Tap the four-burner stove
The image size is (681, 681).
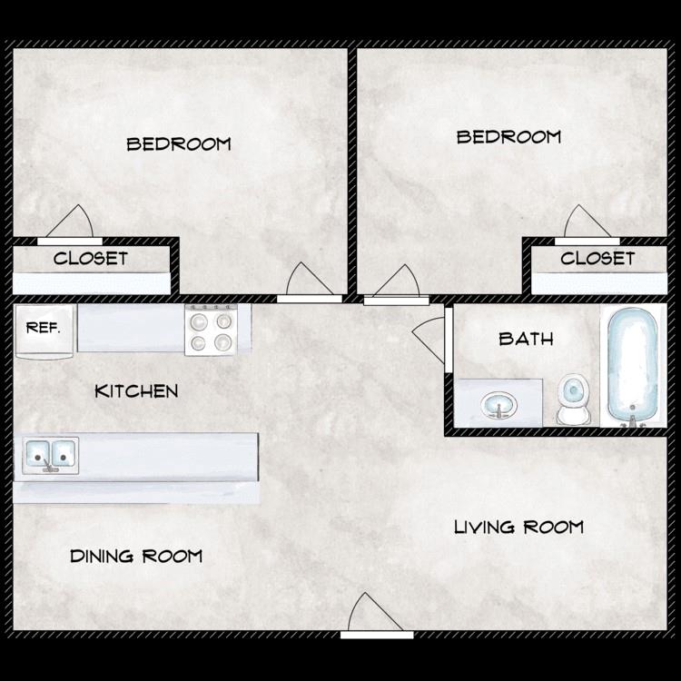tap(217, 330)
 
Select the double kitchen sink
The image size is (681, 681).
tap(51, 454)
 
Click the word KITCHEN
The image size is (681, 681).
tap(136, 391)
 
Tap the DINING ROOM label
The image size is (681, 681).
tap(136, 556)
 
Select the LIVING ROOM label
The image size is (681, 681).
tap(518, 527)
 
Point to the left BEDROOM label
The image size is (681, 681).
tap(179, 143)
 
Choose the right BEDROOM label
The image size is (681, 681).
tap(508, 137)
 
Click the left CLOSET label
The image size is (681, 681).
tap(91, 258)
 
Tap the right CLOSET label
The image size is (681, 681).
tap(597, 258)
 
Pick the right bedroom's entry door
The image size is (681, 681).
tap(396, 283)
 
